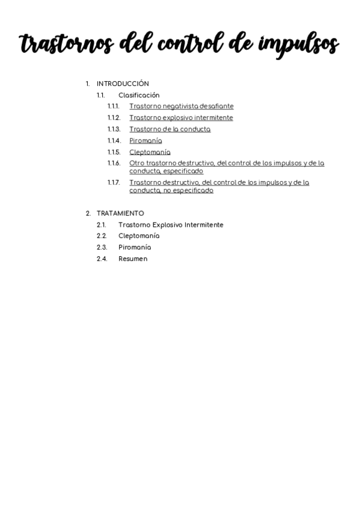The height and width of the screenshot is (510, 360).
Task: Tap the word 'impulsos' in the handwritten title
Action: pos(299,45)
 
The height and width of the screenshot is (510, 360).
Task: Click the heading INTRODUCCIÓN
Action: pos(123,84)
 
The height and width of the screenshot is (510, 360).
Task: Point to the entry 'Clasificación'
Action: pos(139,95)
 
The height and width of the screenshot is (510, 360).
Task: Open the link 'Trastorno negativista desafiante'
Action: pos(181,106)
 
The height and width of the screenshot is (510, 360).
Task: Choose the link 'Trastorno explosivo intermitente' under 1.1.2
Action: pos(181,118)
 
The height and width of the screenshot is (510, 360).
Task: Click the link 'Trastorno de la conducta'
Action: pos(169,129)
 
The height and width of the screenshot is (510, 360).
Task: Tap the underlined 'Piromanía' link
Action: pos(145,141)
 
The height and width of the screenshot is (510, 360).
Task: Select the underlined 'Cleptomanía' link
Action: pos(150,152)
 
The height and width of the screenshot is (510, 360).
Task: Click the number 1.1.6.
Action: pos(114,163)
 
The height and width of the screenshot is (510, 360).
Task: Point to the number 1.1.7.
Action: pos(114,182)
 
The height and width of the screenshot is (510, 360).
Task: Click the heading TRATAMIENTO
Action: pos(120,214)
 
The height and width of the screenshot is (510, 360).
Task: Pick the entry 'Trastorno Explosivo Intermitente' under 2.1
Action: pos(171,225)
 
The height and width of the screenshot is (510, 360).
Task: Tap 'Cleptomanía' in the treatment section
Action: pos(139,236)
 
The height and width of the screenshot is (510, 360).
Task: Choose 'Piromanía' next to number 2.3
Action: pos(135,248)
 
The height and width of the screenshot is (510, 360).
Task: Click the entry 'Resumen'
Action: pos(133,259)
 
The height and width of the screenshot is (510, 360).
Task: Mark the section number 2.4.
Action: pos(102,259)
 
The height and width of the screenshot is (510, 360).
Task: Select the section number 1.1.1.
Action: pos(114,106)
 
